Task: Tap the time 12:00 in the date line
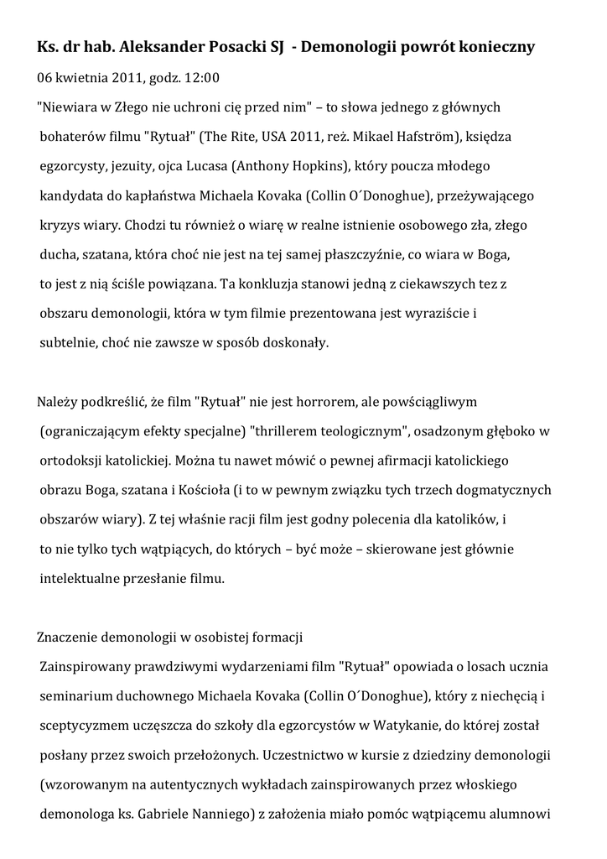tap(201, 78)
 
